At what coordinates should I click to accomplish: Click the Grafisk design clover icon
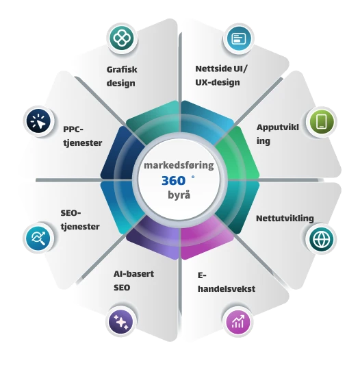pyautogui.click(x=122, y=38)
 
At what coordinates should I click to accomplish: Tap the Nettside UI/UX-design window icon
pyautogui.click(x=238, y=38)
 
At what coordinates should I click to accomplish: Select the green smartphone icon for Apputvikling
pyautogui.click(x=322, y=122)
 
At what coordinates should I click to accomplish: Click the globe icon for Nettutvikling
pyautogui.click(x=321, y=239)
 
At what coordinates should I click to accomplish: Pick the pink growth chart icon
pyautogui.click(x=237, y=322)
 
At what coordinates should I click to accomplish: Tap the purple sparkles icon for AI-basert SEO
pyautogui.click(x=121, y=322)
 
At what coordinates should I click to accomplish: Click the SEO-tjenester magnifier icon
pyautogui.click(x=38, y=238)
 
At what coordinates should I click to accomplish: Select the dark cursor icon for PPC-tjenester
pyautogui.click(x=38, y=121)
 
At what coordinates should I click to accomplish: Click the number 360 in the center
pyautogui.click(x=173, y=181)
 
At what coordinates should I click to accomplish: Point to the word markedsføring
pyautogui.click(x=179, y=165)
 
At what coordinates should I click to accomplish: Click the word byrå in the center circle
pyautogui.click(x=179, y=195)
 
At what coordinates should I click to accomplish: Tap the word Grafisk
pyautogui.click(x=122, y=69)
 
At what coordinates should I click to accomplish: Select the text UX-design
pyautogui.click(x=218, y=83)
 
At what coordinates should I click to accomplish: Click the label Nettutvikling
pyautogui.click(x=285, y=219)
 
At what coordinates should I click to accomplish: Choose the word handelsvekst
pyautogui.click(x=227, y=289)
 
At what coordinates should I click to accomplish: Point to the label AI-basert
pyautogui.click(x=133, y=274)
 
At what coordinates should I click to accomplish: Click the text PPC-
pyautogui.click(x=73, y=129)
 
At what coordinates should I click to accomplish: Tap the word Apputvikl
pyautogui.click(x=277, y=127)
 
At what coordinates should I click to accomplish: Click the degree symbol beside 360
pyautogui.click(x=193, y=177)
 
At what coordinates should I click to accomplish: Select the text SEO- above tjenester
pyautogui.click(x=70, y=213)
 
